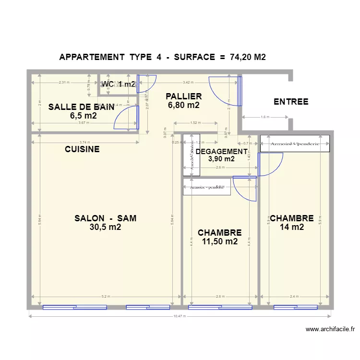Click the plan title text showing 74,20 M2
pyautogui.click(x=162, y=57)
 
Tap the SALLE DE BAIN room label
pyautogui.click(x=81, y=107)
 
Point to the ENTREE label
pyautogui.click(x=291, y=102)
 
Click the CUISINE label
pyautogui.click(x=82, y=149)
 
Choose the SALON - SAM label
pyautogui.click(x=105, y=218)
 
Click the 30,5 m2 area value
pyautogui.click(x=105, y=228)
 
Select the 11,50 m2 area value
pyautogui.click(x=219, y=242)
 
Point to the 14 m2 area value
pyautogui.click(x=291, y=228)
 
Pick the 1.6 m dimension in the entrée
pyautogui.click(x=265, y=117)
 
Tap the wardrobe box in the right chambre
pyautogui.click(x=295, y=144)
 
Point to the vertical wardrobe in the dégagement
pyautogui.click(x=188, y=157)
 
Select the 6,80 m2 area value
pyautogui.click(x=183, y=105)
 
